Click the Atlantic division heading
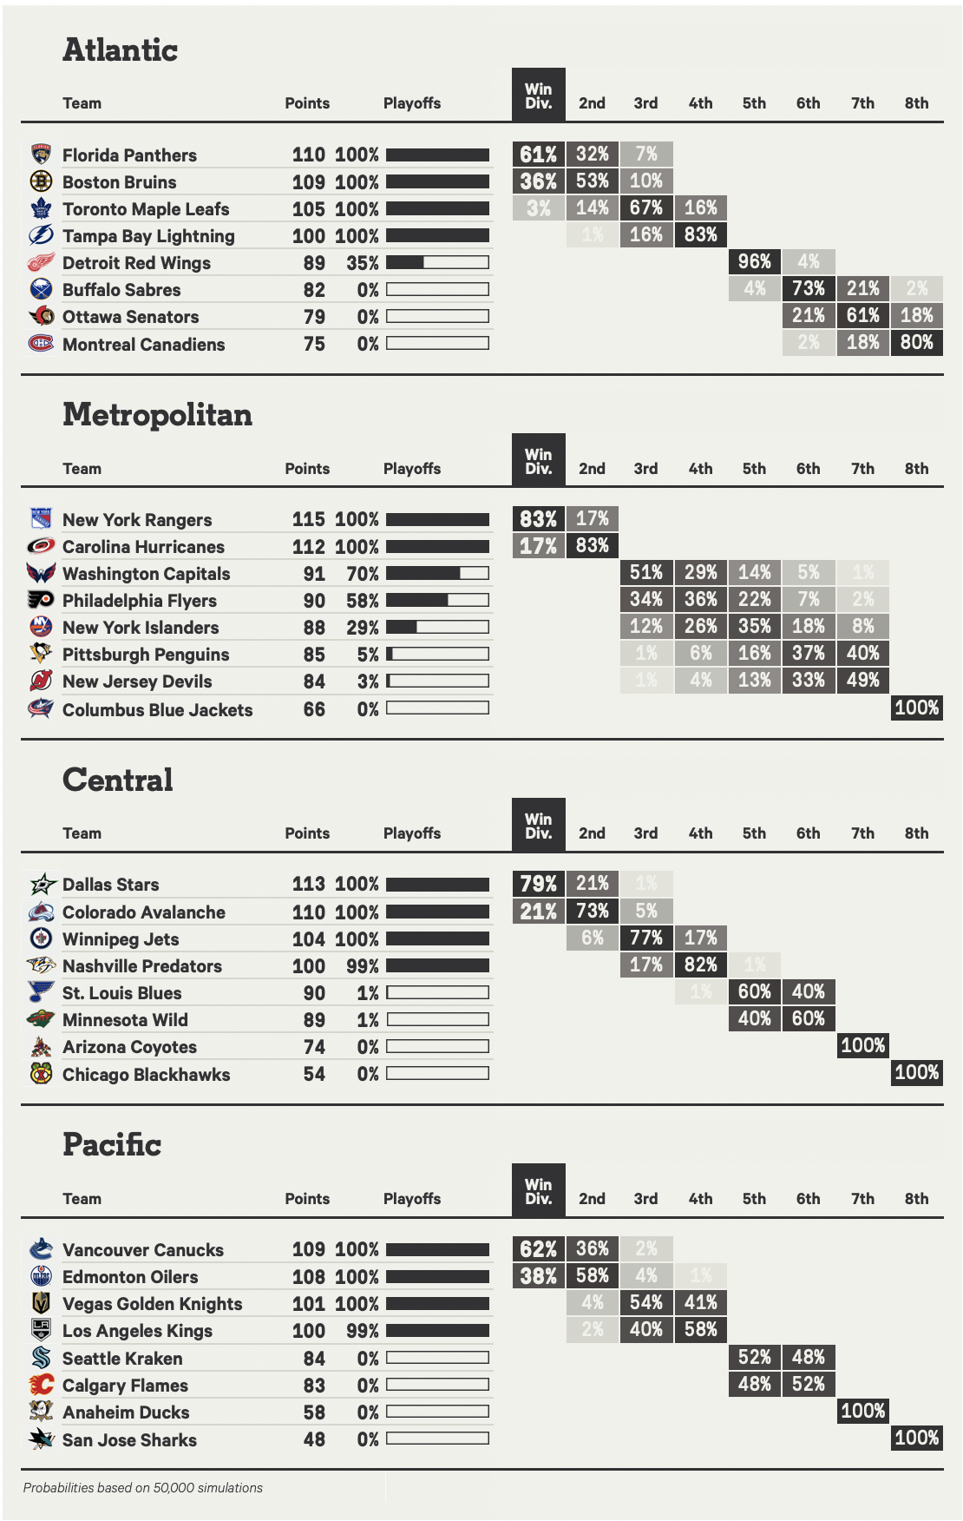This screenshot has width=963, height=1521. click(120, 50)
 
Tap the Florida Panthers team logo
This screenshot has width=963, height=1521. click(41, 155)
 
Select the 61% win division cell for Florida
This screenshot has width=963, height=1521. click(538, 155)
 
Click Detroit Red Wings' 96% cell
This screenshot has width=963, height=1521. click(754, 261)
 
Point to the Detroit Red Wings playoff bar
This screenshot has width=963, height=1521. click(437, 262)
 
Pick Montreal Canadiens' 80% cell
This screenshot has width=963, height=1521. click(916, 342)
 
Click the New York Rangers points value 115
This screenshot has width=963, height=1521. click(308, 519)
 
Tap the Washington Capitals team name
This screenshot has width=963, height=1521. click(146, 574)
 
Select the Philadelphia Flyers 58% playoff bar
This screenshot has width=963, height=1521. click(437, 600)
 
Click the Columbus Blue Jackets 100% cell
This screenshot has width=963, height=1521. click(916, 708)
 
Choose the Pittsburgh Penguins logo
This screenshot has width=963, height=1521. click(41, 654)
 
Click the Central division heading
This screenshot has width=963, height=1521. click(118, 780)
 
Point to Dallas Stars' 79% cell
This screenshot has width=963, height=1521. click(538, 884)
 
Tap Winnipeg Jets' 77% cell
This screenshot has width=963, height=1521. click(646, 938)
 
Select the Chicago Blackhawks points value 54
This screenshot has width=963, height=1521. click(314, 1074)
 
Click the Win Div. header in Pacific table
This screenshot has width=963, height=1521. click(538, 1190)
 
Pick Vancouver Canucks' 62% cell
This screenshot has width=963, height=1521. click(538, 1249)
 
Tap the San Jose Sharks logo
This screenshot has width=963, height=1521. click(41, 1439)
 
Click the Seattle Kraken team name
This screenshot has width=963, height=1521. click(122, 1359)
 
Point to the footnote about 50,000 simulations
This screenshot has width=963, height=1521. click(143, 1488)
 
